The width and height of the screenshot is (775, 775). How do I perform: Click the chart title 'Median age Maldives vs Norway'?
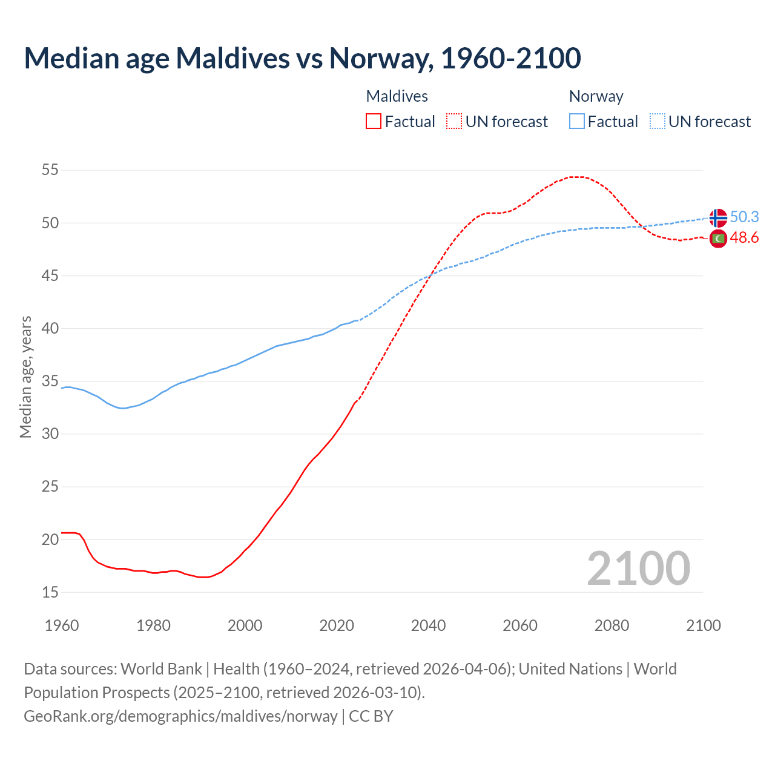pyautogui.click(x=302, y=58)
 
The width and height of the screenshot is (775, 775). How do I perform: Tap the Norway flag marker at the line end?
pyautogui.click(x=717, y=217)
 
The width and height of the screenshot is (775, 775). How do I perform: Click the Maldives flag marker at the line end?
pyautogui.click(x=717, y=239)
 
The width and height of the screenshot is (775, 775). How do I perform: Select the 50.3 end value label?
pyautogui.click(x=744, y=217)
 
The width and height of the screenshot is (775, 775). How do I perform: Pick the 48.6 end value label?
pyautogui.click(x=744, y=238)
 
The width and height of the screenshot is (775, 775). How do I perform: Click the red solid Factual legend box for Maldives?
pyautogui.click(x=374, y=122)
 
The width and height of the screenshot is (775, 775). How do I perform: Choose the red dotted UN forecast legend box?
pyautogui.click(x=454, y=122)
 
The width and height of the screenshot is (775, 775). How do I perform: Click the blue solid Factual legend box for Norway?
pyautogui.click(x=577, y=122)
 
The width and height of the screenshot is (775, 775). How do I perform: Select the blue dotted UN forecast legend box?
pyautogui.click(x=657, y=122)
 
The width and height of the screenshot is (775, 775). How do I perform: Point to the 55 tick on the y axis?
pyautogui.click(x=50, y=170)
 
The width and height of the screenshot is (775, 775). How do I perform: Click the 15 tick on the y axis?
pyautogui.click(x=50, y=592)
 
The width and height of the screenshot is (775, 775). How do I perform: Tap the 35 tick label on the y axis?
pyautogui.click(x=50, y=381)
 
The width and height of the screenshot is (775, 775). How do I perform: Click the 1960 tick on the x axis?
pyautogui.click(x=62, y=625)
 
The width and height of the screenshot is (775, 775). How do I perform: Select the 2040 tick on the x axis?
pyautogui.click(x=428, y=625)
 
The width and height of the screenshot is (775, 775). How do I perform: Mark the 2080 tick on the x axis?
pyautogui.click(x=612, y=625)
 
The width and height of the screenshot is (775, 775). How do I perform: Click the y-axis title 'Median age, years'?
pyautogui.click(x=25, y=377)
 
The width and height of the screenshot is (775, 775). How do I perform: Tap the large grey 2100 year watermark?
pyautogui.click(x=638, y=568)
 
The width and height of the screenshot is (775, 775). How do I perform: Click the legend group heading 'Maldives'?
pyautogui.click(x=397, y=96)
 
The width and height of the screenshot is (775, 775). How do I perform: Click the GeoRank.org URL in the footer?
pyautogui.click(x=180, y=716)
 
